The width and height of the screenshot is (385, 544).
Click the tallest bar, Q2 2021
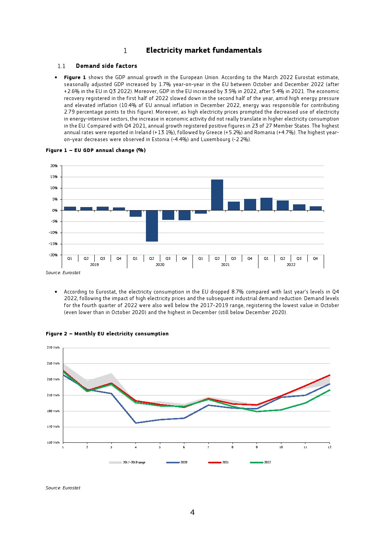[217, 195]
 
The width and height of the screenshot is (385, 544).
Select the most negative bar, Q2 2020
[152, 226]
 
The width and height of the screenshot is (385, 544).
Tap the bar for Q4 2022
[316, 208]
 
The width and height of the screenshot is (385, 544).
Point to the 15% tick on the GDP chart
[54, 177]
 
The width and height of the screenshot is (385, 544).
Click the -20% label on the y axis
[53, 255]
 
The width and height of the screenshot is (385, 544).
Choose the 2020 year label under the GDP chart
[160, 265]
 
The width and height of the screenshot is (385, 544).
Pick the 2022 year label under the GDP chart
[291, 265]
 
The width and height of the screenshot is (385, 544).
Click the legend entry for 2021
[225, 463]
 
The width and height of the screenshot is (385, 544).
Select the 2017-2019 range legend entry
[134, 463]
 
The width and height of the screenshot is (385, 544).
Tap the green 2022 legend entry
[267, 463]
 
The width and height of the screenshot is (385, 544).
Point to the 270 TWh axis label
[53, 348]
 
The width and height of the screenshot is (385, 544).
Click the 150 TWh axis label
[53, 443]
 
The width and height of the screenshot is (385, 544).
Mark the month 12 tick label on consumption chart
[330, 447]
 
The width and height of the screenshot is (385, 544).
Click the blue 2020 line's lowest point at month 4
[135, 423]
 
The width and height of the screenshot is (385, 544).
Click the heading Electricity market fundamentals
[204, 50]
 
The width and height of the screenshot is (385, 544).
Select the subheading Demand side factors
[106, 66]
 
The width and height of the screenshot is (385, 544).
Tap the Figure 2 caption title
[107, 334]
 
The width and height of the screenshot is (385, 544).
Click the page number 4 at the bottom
[192, 513]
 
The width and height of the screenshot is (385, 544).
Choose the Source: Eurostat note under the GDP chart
[63, 273]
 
